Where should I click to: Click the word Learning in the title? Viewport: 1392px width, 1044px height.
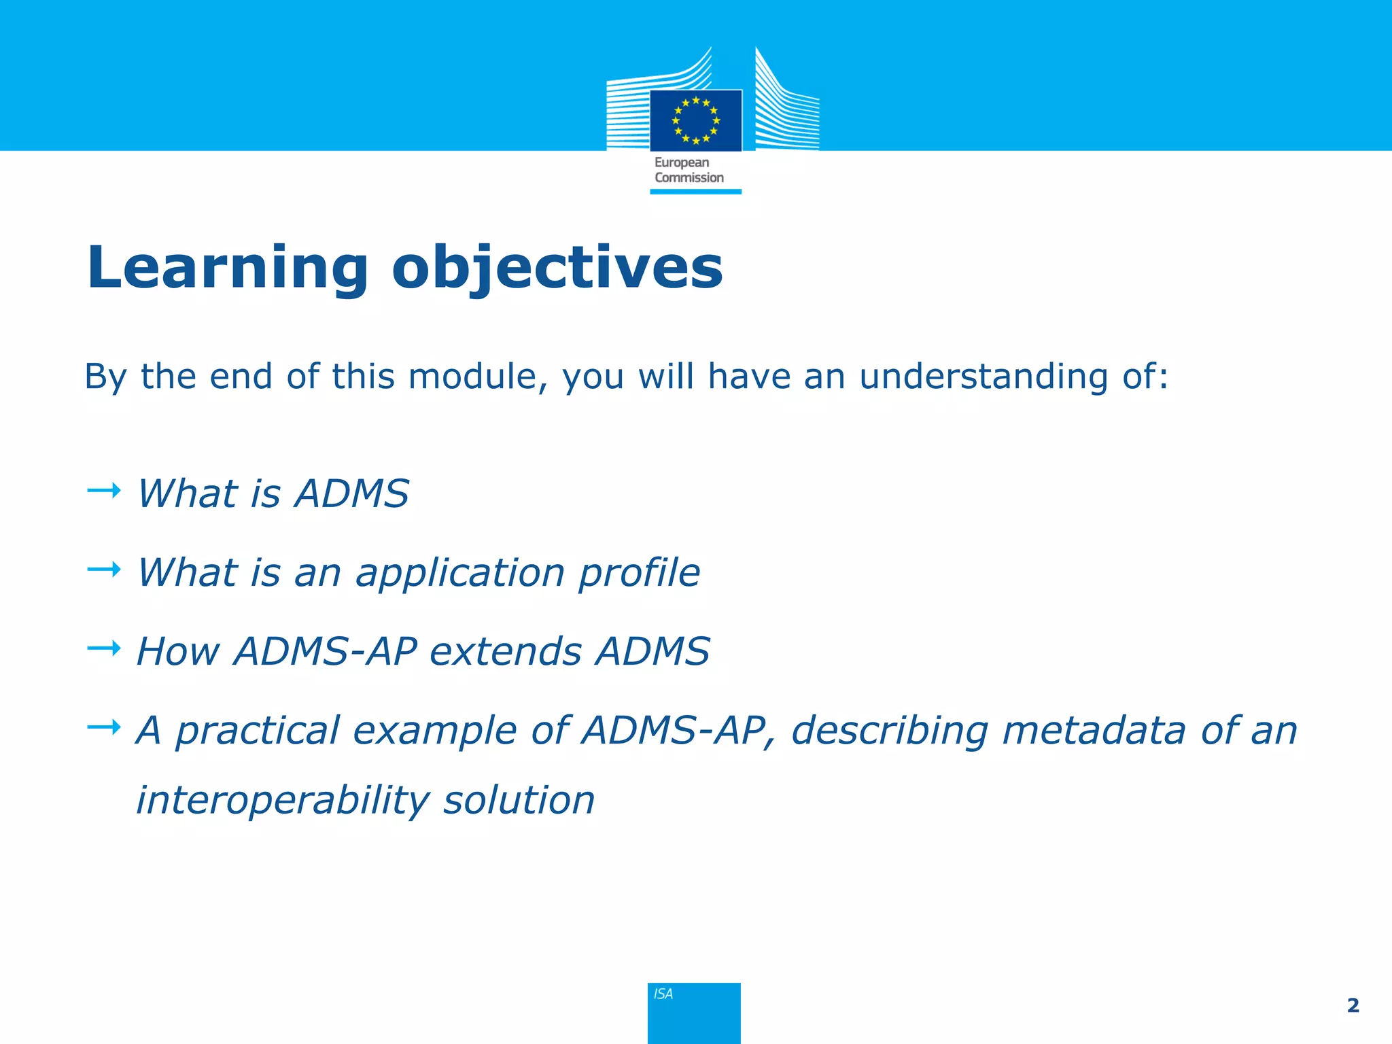pos(228,268)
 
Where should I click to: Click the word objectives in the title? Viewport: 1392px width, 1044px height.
pos(557,268)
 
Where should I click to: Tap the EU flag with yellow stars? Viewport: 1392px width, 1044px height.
pos(695,120)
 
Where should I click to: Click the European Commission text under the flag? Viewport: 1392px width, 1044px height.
pos(689,170)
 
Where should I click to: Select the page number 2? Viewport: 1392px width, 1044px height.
pos(1353,1005)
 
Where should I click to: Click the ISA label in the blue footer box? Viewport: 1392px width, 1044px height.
pos(663,994)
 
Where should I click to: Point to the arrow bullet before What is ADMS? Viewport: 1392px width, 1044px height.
pos(104,490)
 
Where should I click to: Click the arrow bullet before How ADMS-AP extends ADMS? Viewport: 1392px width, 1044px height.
pos(104,648)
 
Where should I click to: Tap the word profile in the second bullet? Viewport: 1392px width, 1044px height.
pos(639,572)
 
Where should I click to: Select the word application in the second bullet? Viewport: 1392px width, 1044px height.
pos(460,572)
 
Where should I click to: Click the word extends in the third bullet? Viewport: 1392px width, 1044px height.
pos(506,651)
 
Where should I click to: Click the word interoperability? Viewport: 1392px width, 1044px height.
pos(283,800)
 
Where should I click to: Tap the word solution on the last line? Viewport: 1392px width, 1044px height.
pos(519,800)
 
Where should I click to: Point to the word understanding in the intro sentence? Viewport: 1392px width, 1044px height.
pos(983,377)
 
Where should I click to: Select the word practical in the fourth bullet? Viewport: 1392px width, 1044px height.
pos(258,731)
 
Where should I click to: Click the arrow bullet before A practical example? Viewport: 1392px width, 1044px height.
pos(104,728)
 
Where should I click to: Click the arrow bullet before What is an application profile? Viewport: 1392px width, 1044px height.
pos(104,569)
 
